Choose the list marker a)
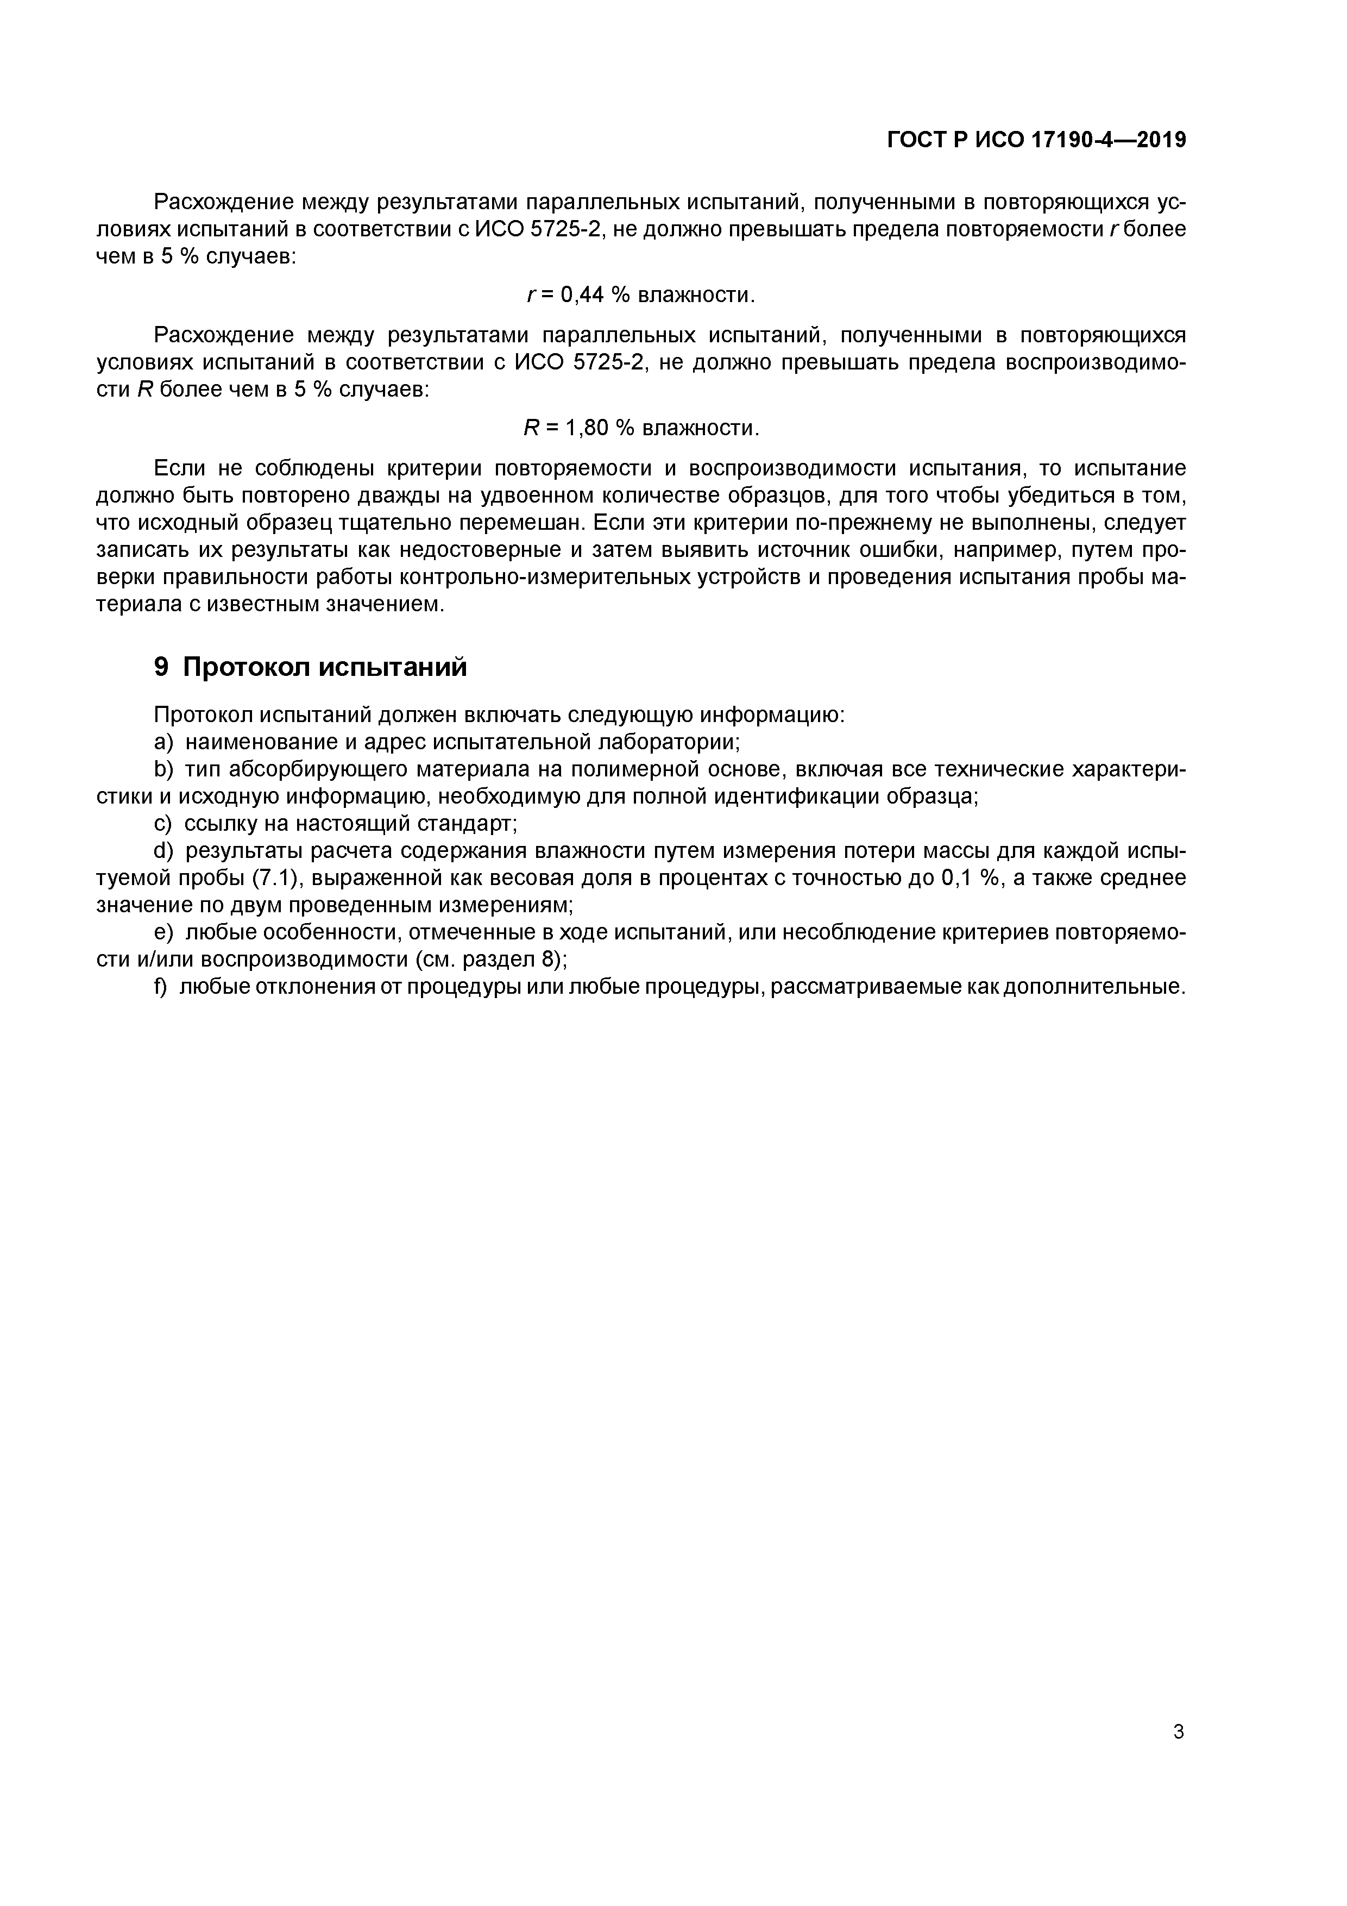[163, 741]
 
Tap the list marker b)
[163, 769]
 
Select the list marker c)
[162, 824]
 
